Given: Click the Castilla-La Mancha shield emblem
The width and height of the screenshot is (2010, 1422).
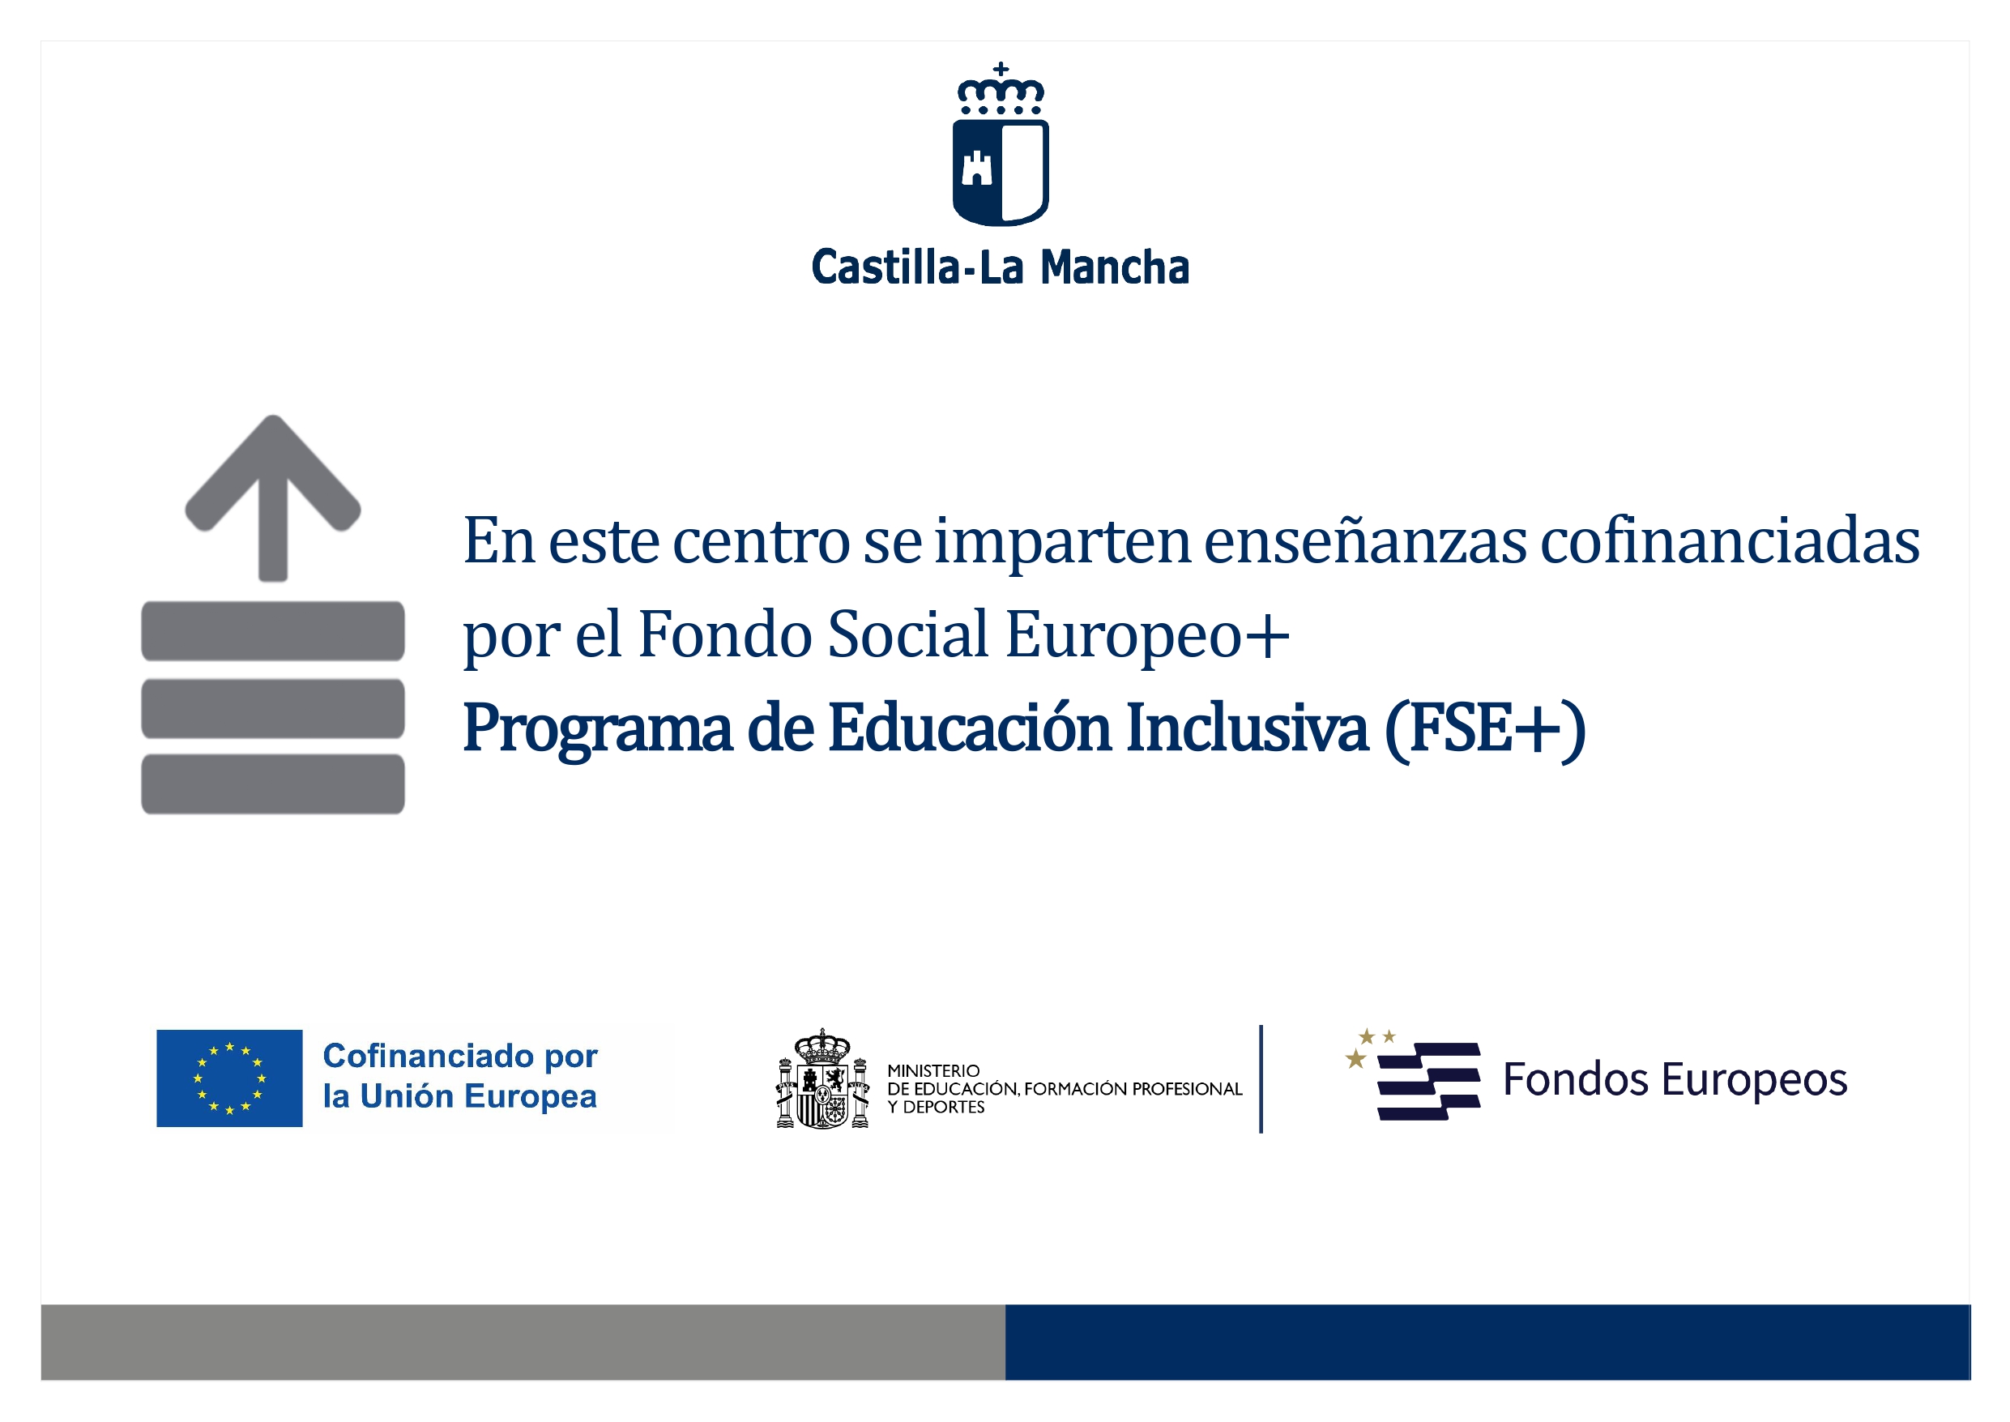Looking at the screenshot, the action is coord(1000,144).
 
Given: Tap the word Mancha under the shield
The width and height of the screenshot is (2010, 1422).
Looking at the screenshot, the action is coord(1116,267).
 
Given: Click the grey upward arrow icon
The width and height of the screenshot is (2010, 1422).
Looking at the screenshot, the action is coord(273,497).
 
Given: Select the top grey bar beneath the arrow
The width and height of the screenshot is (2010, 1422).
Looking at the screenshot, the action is coord(273,630).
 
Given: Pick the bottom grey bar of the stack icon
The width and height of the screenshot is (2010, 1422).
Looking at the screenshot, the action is coord(273,784).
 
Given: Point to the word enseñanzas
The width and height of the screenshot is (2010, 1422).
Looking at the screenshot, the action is coord(1365,540).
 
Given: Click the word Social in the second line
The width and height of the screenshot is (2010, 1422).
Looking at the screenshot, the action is coord(909,633).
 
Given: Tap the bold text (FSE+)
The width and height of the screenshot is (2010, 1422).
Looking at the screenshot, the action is coord(1486,729).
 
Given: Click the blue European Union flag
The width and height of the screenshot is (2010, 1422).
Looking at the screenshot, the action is coord(229,1078).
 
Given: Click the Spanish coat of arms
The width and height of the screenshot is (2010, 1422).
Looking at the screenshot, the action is coord(823,1078).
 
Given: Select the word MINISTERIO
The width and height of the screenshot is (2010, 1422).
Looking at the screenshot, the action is coord(933,1071).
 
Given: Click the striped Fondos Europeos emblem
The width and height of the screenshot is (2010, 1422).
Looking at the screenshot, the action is coord(1413,1074).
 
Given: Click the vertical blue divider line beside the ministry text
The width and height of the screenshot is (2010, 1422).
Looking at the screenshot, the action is coord(1261,1078).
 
